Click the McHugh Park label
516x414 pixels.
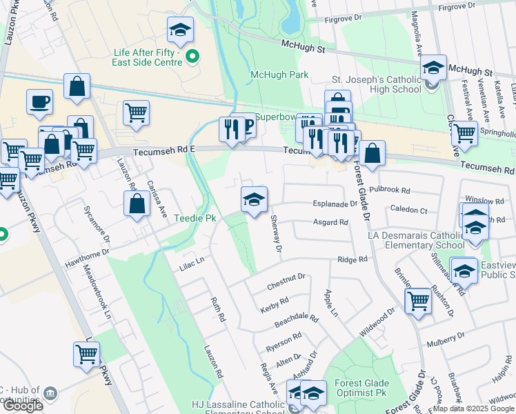(279, 75)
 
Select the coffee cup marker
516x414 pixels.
(39, 101)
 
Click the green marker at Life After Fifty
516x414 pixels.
(192, 57)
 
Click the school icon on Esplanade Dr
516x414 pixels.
(254, 200)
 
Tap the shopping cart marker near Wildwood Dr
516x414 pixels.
(418, 301)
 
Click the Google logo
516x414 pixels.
(23, 406)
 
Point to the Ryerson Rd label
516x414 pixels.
(284, 341)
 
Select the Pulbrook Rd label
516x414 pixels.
(390, 189)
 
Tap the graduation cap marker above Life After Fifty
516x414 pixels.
(180, 30)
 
